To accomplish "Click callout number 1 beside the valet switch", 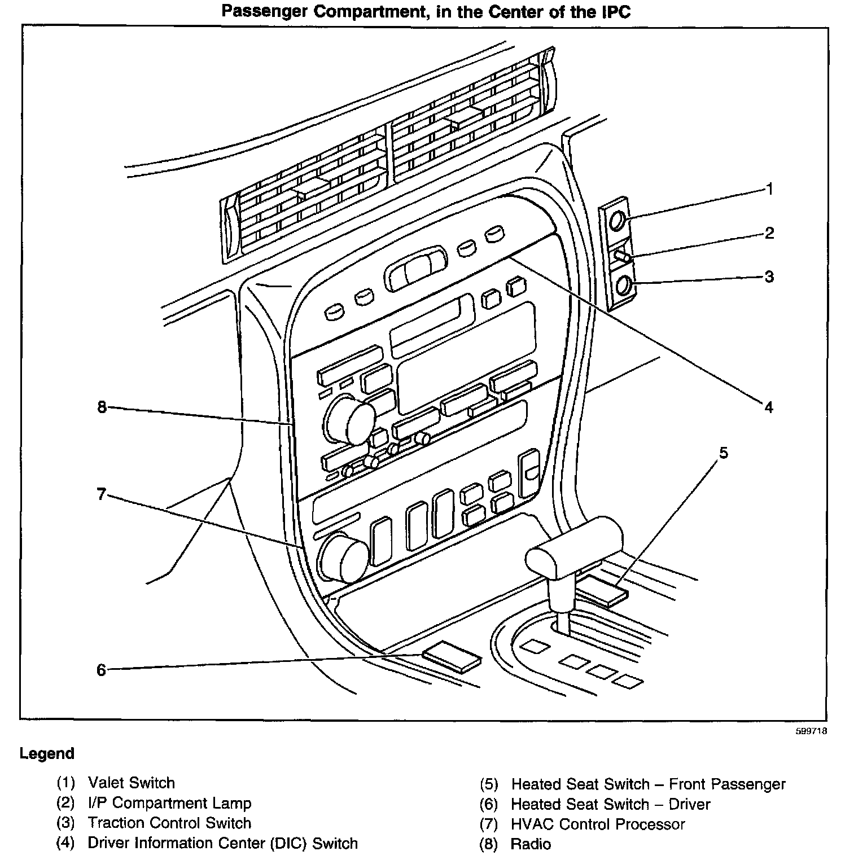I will pyautogui.click(x=769, y=189).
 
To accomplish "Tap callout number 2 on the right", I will pyautogui.click(x=769, y=232).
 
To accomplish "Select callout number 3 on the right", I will pyautogui.click(x=769, y=277).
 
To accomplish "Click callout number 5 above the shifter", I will pyautogui.click(x=723, y=453).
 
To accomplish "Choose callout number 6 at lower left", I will pyautogui.click(x=101, y=670).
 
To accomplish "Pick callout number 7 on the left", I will pyautogui.click(x=101, y=494).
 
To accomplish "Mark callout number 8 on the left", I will pyautogui.click(x=102, y=406).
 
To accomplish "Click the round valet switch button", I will pyautogui.click(x=618, y=220).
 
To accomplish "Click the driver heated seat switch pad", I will pyautogui.click(x=452, y=656).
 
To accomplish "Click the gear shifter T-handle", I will pyautogui.click(x=574, y=551).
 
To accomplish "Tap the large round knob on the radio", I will pyautogui.click(x=350, y=420).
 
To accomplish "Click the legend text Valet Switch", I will pyautogui.click(x=131, y=783).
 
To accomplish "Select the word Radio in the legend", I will pyautogui.click(x=531, y=844).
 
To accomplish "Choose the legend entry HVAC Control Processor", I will pyautogui.click(x=598, y=824).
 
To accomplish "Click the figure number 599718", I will pyautogui.click(x=811, y=731).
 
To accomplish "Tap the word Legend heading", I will pyautogui.click(x=47, y=753).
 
